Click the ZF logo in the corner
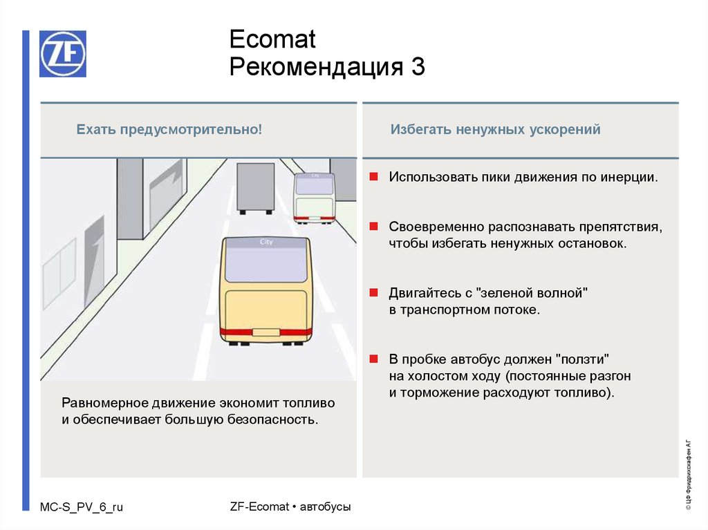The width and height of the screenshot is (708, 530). (x=63, y=54)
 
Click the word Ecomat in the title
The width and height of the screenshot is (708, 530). (x=272, y=39)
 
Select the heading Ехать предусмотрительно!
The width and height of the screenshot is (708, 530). (x=169, y=129)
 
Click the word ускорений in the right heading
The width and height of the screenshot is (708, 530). (x=570, y=129)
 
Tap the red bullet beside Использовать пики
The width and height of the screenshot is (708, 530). (x=373, y=177)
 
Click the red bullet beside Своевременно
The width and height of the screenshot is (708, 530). (x=373, y=226)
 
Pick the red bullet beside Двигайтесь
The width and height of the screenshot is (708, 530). (x=373, y=292)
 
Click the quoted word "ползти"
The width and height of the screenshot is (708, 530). (x=584, y=360)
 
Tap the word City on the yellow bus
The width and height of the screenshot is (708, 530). (x=266, y=243)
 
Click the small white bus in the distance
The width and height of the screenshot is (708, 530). (x=314, y=197)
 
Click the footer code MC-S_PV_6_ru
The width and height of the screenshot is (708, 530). (x=82, y=507)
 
